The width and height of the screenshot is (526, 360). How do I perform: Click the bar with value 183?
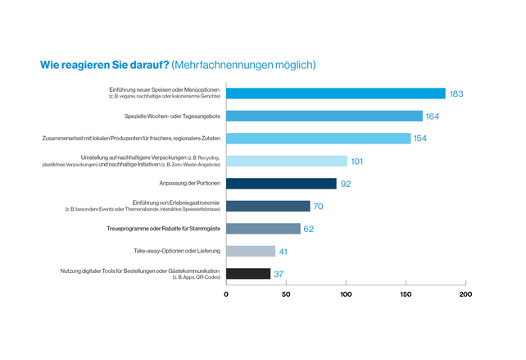click(335, 93)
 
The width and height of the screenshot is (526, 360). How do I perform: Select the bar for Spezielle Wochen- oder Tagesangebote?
click(324, 116)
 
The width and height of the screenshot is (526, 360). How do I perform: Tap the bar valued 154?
click(318, 139)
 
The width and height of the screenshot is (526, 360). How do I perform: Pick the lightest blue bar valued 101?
click(286, 161)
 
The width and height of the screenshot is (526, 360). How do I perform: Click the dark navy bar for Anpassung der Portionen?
click(281, 184)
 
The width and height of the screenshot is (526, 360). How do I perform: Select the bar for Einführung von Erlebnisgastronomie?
click(268, 206)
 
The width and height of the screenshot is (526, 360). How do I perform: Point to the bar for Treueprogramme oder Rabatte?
click(263, 229)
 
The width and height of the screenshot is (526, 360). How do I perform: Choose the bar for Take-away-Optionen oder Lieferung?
click(251, 251)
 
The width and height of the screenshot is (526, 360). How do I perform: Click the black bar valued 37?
click(248, 274)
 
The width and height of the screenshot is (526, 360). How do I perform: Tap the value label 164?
click(433, 116)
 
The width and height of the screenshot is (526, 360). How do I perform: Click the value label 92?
click(346, 184)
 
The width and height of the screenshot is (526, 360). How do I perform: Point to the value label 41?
click(284, 252)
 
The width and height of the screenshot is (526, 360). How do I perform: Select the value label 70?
click(319, 207)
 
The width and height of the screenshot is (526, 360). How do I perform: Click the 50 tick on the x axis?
click(286, 294)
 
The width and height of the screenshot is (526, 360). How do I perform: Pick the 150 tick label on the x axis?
click(406, 294)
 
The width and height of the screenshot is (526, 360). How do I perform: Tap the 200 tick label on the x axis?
click(465, 294)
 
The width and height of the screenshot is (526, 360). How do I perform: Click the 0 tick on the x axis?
click(226, 294)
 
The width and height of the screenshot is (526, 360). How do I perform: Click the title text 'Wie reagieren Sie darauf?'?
click(105, 64)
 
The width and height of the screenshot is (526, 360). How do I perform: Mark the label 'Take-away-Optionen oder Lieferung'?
click(175, 251)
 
